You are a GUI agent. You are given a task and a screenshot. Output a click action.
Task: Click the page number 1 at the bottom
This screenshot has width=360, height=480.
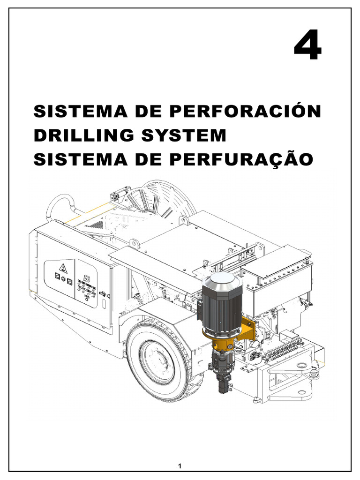point(180,466)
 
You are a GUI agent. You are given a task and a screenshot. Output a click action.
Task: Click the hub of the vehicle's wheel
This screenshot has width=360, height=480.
point(158,361)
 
